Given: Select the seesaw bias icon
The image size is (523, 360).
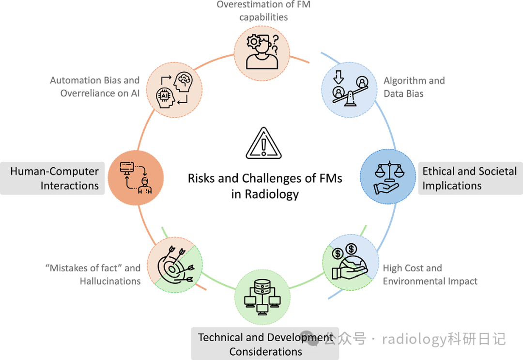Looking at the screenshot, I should click(x=349, y=88).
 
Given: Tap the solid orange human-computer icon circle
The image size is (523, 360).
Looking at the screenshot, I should click(x=135, y=178).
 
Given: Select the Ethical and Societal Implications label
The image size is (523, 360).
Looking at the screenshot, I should click(x=469, y=178).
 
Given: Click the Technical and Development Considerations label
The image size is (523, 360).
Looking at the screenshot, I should click(x=265, y=344).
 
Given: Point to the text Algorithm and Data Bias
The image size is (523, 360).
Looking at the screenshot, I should click(x=414, y=87).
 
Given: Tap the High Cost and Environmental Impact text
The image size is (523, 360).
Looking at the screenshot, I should click(x=430, y=275).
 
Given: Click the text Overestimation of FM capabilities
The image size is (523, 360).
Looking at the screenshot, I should click(x=263, y=11).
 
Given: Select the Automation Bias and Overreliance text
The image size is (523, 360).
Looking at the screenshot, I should click(x=95, y=87).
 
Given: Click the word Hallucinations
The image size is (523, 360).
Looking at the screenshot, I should click(x=110, y=281).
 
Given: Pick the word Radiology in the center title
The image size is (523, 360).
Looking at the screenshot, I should click(x=271, y=195).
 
